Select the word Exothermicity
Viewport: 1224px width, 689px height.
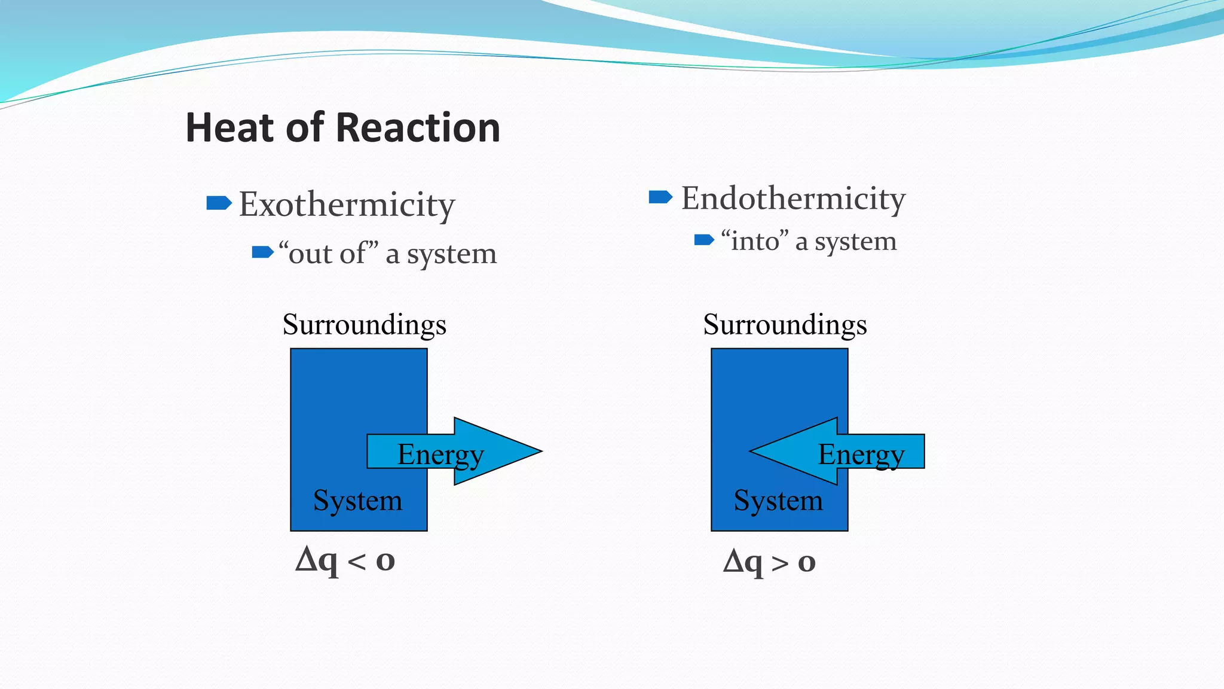click(x=347, y=205)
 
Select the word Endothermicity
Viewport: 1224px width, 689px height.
click(x=793, y=199)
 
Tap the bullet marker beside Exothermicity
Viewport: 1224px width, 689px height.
click(x=219, y=203)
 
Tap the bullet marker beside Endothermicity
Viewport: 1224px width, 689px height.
click(x=660, y=197)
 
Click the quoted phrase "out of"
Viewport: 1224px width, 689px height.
click(x=329, y=254)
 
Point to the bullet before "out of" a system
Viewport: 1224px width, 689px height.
click(x=262, y=252)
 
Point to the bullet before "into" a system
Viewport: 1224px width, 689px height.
click(x=704, y=240)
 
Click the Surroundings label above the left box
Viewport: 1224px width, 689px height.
click(x=364, y=325)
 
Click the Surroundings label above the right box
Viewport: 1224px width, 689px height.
click(x=785, y=325)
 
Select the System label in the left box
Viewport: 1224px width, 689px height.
click(x=357, y=501)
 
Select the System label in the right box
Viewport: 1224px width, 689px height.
click(x=778, y=501)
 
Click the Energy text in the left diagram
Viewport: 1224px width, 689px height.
click(x=440, y=455)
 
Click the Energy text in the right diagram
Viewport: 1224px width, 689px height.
click(x=861, y=455)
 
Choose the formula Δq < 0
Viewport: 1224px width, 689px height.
click(x=345, y=561)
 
